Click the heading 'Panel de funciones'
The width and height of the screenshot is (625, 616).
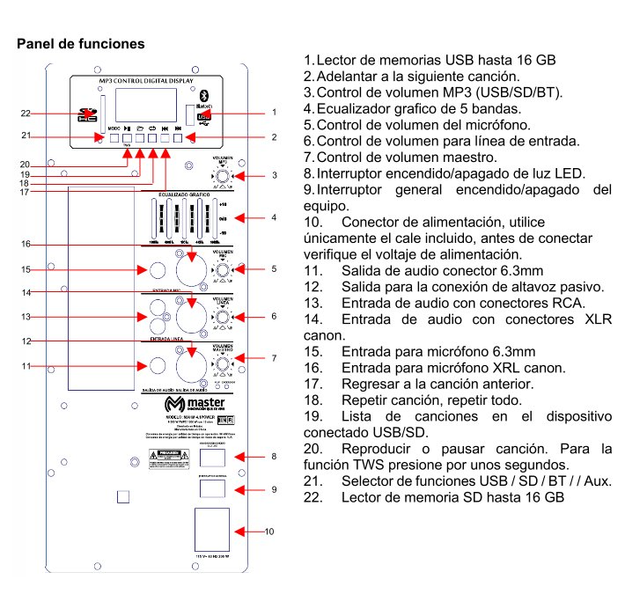pyautogui.click(x=81, y=43)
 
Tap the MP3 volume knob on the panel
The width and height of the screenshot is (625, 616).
pyautogui.click(x=224, y=176)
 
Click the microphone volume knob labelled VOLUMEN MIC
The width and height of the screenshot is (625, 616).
pyautogui.click(x=224, y=269)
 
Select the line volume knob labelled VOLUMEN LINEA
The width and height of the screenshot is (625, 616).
pyautogui.click(x=224, y=316)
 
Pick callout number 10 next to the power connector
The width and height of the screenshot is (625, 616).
pyautogui.click(x=269, y=532)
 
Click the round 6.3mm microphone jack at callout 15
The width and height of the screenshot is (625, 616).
pyautogui.click(x=158, y=269)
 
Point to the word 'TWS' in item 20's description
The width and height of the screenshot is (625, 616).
pyautogui.click(x=370, y=464)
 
